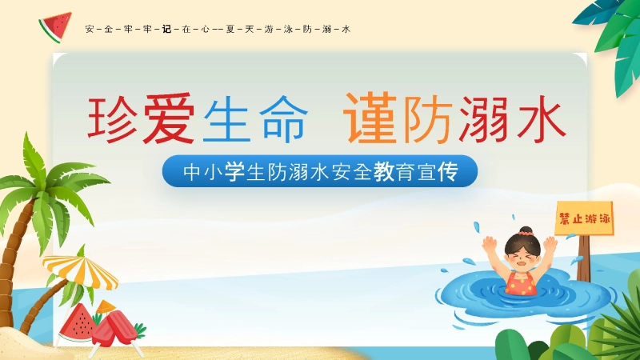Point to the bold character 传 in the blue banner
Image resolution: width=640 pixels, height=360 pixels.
click(446, 172)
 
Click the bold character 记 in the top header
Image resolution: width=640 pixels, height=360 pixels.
click(166, 30)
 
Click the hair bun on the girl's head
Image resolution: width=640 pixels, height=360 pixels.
click(525, 231)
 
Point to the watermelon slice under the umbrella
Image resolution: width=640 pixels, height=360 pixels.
click(78, 322)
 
